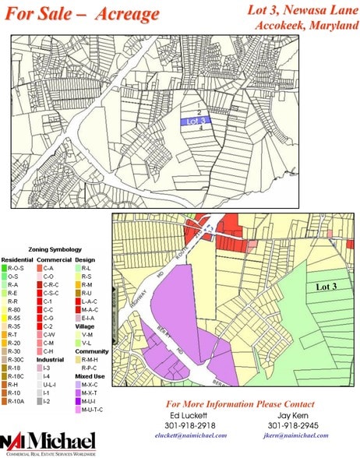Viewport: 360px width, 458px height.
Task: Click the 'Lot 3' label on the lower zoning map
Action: point(326,287)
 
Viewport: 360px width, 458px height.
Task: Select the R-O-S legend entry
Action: point(16,267)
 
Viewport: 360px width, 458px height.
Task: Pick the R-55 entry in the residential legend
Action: point(14,319)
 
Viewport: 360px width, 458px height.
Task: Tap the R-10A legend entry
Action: point(16,401)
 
